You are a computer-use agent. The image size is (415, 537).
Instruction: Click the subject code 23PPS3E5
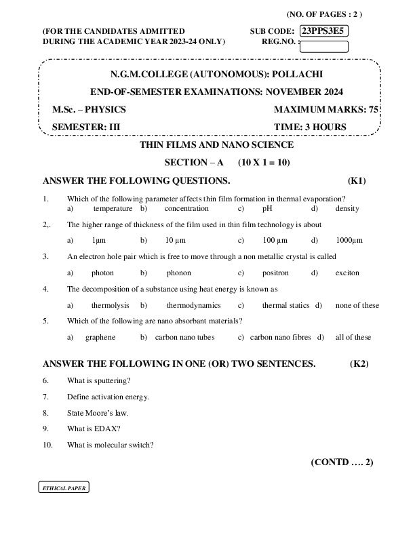point(324,31)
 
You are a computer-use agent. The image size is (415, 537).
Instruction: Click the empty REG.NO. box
point(323,47)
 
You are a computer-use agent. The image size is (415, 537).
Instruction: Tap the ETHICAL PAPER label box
point(62,488)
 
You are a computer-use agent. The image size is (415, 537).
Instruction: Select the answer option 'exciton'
point(347,273)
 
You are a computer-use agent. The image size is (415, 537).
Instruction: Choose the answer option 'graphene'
point(100,337)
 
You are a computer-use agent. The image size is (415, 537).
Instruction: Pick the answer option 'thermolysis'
point(111,305)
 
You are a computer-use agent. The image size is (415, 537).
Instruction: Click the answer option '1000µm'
point(349,240)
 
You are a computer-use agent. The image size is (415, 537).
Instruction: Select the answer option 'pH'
point(266,209)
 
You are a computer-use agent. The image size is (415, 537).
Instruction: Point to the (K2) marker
point(359,363)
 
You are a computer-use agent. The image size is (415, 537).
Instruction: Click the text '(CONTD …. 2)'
point(342,462)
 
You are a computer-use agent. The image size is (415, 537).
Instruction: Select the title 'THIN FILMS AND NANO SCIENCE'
point(216,145)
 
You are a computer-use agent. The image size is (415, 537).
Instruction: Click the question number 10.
point(47,445)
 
